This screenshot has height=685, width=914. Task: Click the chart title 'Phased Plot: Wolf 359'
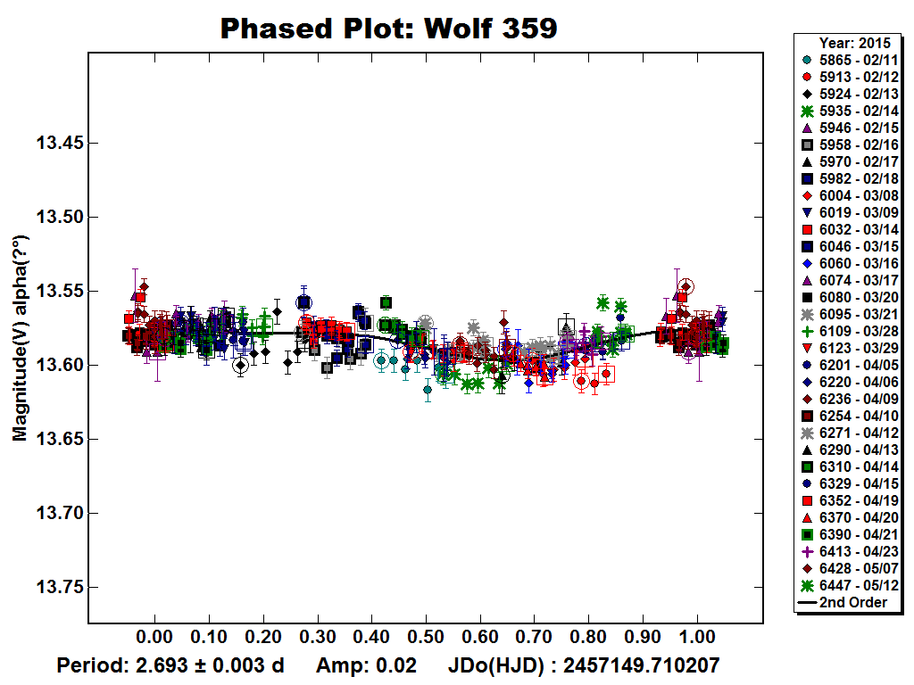388,29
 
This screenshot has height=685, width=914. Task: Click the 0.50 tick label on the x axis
426,639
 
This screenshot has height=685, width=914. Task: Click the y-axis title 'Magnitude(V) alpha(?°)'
20,338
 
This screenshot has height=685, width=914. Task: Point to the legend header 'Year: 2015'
849,43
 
